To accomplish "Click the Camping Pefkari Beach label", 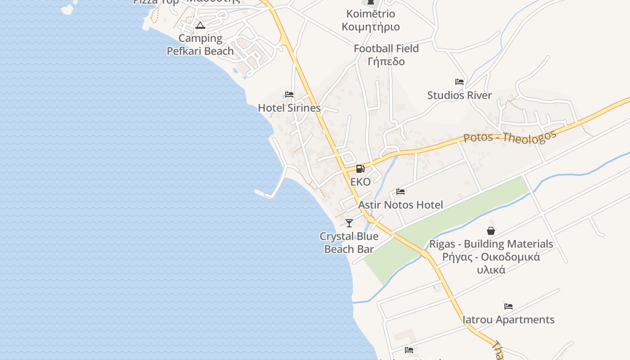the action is click(x=200, y=45).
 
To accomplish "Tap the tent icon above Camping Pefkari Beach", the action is click(x=200, y=25).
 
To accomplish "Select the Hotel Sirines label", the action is click(x=289, y=108).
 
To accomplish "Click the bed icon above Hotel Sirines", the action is click(x=289, y=94).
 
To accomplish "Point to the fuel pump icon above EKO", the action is click(x=360, y=169).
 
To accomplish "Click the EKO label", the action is click(x=360, y=182).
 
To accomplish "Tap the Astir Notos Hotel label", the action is click(x=400, y=205).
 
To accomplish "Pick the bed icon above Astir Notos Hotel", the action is click(x=400, y=192).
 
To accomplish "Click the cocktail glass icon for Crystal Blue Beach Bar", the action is click(x=349, y=223).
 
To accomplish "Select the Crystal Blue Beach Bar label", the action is click(x=349, y=243).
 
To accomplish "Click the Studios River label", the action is click(x=459, y=95).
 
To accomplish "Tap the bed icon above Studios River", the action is click(x=459, y=82).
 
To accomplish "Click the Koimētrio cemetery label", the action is click(x=371, y=20).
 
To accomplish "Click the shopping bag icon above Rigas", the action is click(x=491, y=231).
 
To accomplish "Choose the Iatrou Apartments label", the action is click(x=509, y=320).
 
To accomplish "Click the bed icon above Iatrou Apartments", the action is click(x=508, y=306).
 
